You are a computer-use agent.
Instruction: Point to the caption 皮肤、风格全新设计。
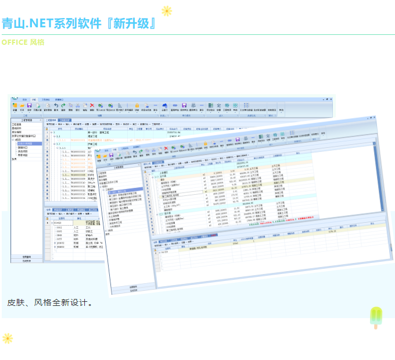pyautogui.click(x=51, y=303)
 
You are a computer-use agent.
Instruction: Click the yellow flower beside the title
pyautogui.click(x=167, y=10)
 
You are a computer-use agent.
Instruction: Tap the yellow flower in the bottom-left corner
pyautogui.click(x=8, y=338)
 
